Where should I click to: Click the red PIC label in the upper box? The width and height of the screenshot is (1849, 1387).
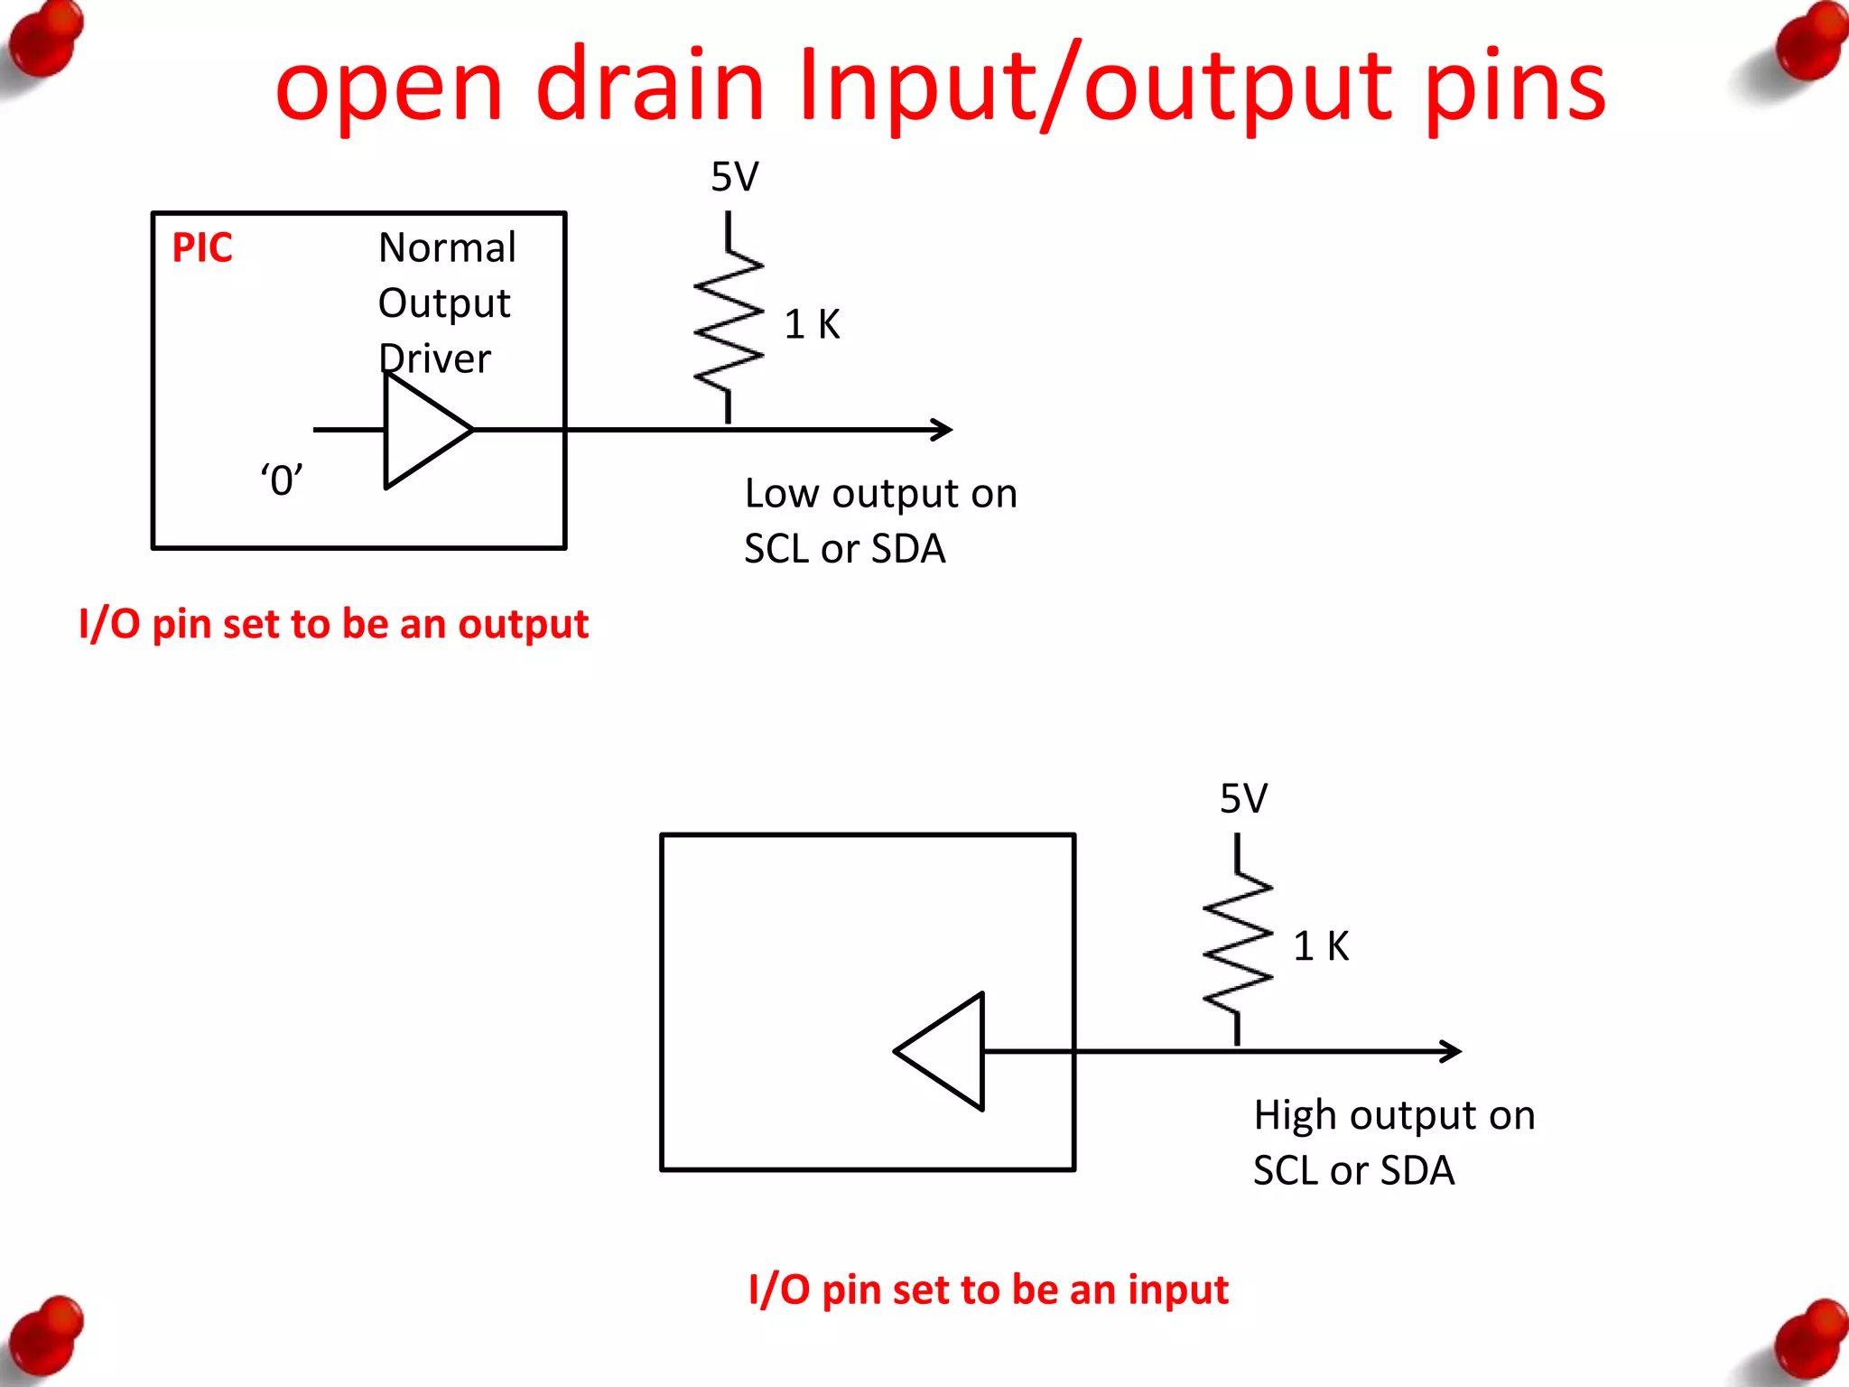point(202,247)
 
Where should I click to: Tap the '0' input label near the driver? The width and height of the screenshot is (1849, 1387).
point(281,479)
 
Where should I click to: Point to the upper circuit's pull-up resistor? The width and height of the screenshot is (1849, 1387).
point(729,321)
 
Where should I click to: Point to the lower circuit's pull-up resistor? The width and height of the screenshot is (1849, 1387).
point(1238,942)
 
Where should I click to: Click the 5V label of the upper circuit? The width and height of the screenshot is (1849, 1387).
point(734,177)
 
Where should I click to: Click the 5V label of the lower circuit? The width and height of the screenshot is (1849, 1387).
point(1243,798)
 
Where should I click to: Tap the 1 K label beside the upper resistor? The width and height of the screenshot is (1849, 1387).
point(812,324)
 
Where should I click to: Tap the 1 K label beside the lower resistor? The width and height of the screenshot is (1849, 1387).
point(1321,946)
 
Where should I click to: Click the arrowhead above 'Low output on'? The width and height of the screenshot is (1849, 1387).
point(943,430)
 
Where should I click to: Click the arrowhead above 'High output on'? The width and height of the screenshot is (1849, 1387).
point(1452,1051)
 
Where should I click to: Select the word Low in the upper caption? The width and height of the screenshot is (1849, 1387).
point(782,494)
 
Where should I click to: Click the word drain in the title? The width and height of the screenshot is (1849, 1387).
point(650,86)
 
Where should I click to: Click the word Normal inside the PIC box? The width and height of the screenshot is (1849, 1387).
point(447,247)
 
